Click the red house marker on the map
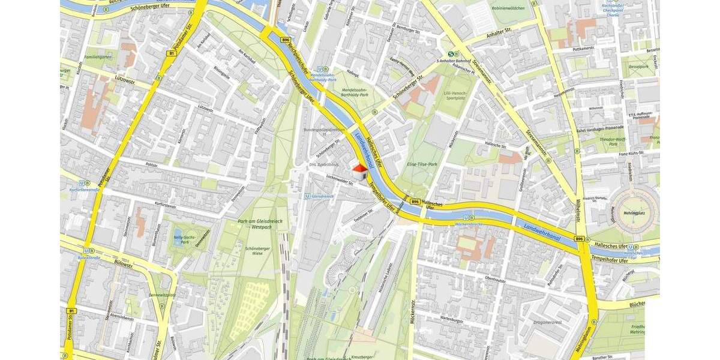(x=359, y=172)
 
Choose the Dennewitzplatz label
(x=162, y=295)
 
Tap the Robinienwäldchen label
(x=508, y=8)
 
